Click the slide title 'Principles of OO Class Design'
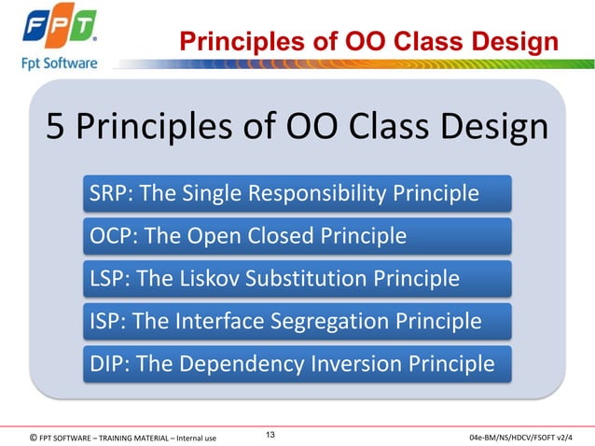[368, 42]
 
